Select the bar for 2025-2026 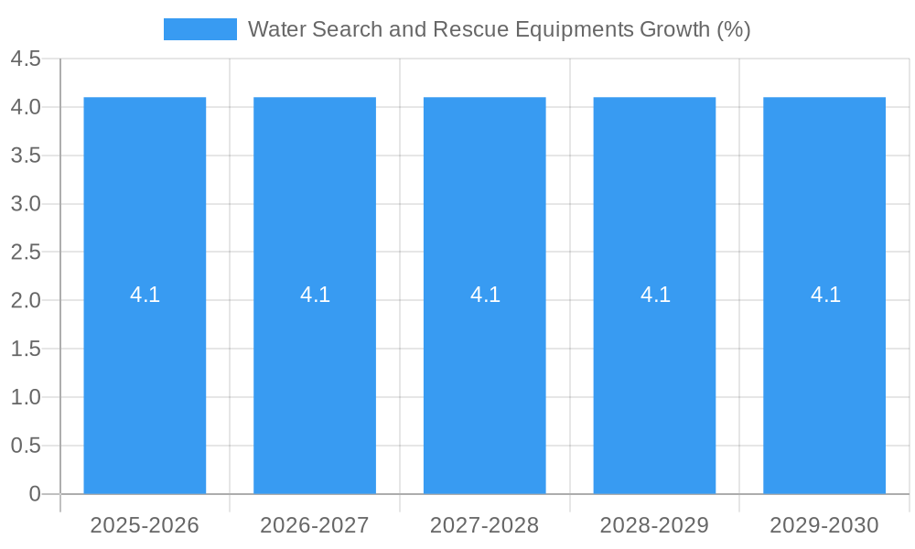[145, 384]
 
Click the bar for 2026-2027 [315, 384]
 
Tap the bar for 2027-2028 [485, 384]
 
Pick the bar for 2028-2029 [654, 384]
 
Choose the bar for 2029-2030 [824, 384]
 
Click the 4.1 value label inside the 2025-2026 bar [145, 295]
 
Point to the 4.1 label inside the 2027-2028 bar [485, 295]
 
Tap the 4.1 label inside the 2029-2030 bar [824, 295]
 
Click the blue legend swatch [199, 29]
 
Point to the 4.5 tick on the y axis [26, 59]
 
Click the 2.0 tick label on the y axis [26, 301]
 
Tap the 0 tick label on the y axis [35, 494]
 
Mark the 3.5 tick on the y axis [26, 156]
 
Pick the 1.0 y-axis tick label [26, 397]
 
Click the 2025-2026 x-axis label [145, 525]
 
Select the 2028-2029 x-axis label [654, 525]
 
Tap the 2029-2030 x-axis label [824, 525]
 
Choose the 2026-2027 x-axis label [315, 525]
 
